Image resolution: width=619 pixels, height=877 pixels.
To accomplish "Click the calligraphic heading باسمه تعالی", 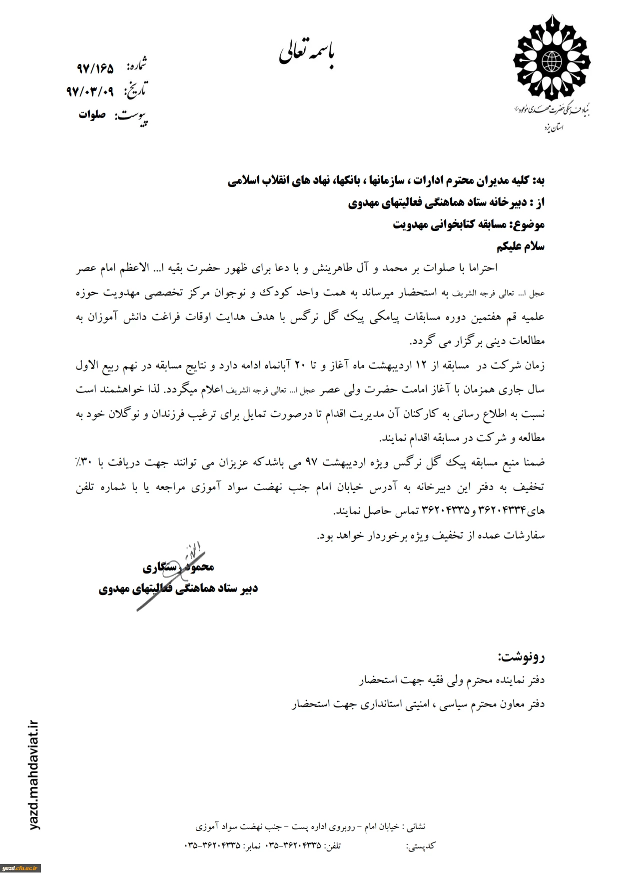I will [309, 56].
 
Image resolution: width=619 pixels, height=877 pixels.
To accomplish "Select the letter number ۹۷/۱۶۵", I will [95, 68].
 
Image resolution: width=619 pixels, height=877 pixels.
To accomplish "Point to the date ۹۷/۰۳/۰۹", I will [90, 91].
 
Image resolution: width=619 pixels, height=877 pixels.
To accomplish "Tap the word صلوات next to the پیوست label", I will [92, 114].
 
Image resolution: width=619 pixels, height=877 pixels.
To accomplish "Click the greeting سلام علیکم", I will [521, 246].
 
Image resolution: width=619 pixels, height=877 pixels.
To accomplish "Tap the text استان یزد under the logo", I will [554, 128].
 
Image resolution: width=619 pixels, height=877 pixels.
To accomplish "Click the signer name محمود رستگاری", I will [178, 566].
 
